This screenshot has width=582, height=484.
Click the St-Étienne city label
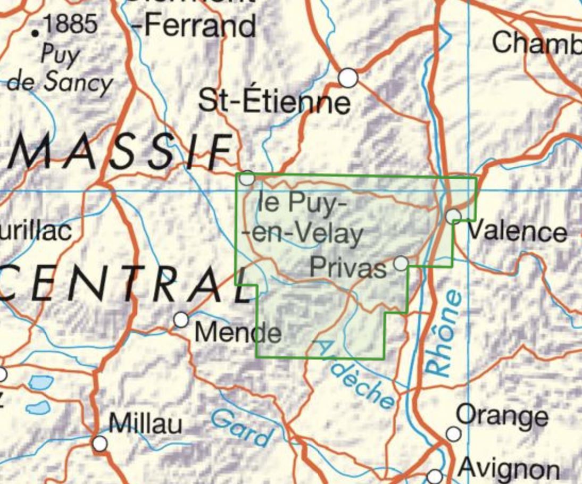coord(275,101)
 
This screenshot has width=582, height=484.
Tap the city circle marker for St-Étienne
coord(348,78)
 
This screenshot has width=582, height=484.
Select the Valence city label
coord(517,232)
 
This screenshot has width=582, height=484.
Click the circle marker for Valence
coord(453,216)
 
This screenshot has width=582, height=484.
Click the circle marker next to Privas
coord(401,263)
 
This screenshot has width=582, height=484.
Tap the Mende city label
coord(238,333)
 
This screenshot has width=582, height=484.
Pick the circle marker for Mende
coord(181,320)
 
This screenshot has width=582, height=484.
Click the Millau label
coord(145,424)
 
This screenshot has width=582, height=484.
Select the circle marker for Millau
coord(99,443)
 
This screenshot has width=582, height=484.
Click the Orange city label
coord(502,415)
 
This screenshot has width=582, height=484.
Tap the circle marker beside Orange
coord(453,434)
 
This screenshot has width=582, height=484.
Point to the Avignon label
coord(508,469)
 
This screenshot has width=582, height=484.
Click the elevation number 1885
coord(71,24)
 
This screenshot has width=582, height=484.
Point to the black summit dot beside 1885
coord(36,34)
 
